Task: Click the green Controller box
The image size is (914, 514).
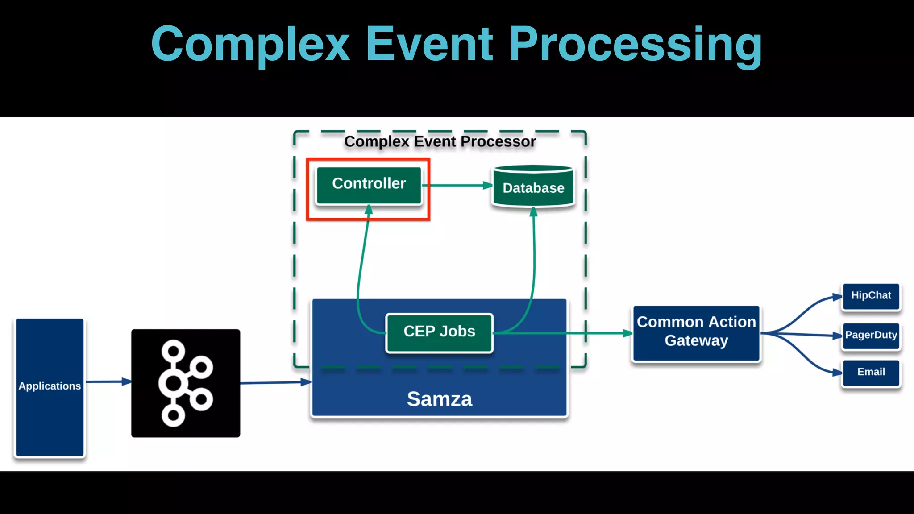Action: pyautogui.click(x=369, y=185)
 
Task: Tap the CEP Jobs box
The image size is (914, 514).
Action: pyautogui.click(x=439, y=332)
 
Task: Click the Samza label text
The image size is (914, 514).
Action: pyautogui.click(x=439, y=399)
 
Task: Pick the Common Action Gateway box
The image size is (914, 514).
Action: pyautogui.click(x=696, y=332)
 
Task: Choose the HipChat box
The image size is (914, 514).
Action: pyautogui.click(x=871, y=296)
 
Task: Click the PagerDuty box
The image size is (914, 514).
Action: pyautogui.click(x=871, y=336)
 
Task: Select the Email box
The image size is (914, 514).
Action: pyautogui.click(x=871, y=373)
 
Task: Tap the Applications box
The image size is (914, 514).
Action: pyautogui.click(x=50, y=386)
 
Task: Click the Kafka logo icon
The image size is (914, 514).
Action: pyautogui.click(x=186, y=383)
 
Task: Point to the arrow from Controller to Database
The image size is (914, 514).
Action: pyautogui.click(x=457, y=185)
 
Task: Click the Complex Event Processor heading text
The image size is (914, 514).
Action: pyautogui.click(x=440, y=141)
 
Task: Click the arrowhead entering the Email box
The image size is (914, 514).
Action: pyautogui.click(x=837, y=373)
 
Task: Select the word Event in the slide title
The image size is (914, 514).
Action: pyautogui.click(x=429, y=45)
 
